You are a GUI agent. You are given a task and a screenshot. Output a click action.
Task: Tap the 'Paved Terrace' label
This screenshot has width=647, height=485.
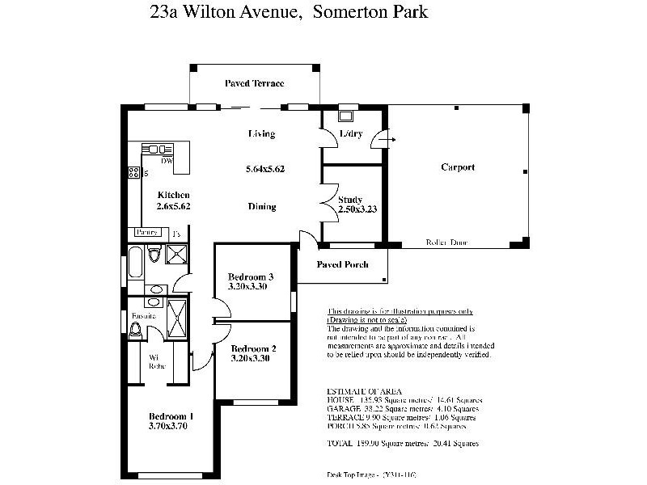255,84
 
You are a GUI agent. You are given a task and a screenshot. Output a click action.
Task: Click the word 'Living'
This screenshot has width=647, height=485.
261,134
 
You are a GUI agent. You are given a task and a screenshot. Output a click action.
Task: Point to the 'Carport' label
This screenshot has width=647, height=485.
457,167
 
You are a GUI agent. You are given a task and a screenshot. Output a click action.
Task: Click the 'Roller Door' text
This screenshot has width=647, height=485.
446,242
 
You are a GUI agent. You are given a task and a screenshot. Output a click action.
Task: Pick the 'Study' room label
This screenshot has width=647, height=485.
350,199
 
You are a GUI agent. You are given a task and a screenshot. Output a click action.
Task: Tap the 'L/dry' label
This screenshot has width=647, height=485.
350,133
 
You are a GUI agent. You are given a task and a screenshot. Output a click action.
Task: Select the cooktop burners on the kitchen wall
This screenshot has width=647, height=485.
133,172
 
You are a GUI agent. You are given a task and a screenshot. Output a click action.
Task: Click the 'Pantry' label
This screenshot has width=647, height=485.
146,232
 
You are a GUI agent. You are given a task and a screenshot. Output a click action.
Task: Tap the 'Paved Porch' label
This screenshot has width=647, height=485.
342,264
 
